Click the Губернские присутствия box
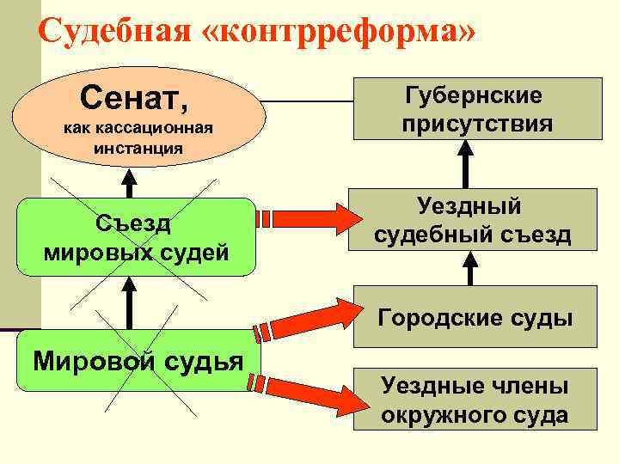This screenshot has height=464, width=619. click(476, 110)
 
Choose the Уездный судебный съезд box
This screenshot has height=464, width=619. click(472, 219)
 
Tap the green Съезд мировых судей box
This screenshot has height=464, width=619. click(138, 237)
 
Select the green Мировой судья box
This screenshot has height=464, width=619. click(138, 360)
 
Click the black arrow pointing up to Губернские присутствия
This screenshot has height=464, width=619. click(466, 163)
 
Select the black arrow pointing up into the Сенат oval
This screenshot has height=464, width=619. click(129, 183)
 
